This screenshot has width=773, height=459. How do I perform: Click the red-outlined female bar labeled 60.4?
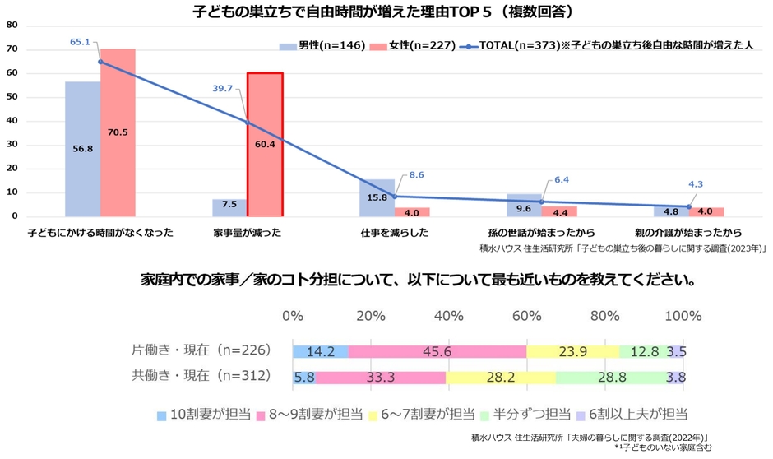coord(265,144)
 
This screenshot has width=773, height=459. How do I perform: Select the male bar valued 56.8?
coord(82,148)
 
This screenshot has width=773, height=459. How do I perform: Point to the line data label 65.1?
coord(80,41)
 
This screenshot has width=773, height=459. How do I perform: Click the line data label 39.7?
coord(223,88)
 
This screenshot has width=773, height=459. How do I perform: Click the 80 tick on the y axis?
coord(12,25)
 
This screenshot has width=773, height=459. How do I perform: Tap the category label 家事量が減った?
coord(247,232)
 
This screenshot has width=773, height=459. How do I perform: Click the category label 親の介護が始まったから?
coord(688,232)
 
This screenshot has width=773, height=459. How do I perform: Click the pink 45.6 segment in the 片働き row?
coord(437,351)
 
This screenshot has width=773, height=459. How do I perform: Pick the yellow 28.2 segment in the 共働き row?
coord(500,377)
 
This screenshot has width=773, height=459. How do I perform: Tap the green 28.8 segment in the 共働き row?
coord(610,377)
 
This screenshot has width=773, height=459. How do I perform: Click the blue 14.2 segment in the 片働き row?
coord(320,351)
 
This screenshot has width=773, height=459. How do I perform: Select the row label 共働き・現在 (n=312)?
coord(201,376)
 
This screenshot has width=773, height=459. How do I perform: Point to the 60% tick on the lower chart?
coord(527,316)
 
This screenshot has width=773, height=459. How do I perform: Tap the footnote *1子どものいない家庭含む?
coord(663,448)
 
